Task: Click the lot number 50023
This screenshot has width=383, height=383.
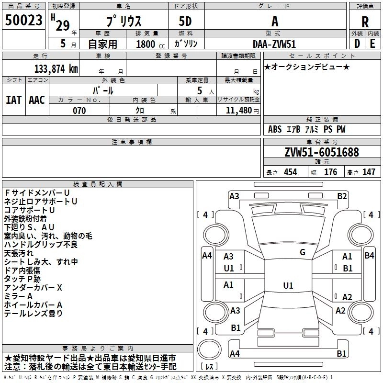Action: (x=23, y=20)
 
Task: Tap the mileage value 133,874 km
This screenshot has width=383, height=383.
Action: (x=56, y=69)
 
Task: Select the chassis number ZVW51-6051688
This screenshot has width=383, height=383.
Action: (x=322, y=152)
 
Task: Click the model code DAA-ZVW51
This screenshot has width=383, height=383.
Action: (x=274, y=44)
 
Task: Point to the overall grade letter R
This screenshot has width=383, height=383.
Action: (x=365, y=22)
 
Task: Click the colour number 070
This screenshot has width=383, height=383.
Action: (x=79, y=111)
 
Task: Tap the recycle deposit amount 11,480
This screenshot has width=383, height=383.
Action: (x=239, y=111)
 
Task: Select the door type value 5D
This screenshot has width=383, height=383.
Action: (x=185, y=22)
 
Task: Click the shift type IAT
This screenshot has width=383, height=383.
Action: (x=14, y=100)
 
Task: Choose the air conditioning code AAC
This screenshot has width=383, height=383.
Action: (x=37, y=100)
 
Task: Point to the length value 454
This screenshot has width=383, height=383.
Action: (x=291, y=172)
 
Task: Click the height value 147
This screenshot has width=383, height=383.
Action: (x=369, y=172)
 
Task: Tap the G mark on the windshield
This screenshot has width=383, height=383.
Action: (x=303, y=252)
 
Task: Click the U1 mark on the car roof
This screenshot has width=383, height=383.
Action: (x=288, y=285)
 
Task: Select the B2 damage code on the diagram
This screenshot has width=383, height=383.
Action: (x=342, y=196)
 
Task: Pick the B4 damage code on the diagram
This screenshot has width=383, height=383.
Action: (x=369, y=256)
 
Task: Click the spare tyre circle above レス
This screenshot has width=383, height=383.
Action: (x=209, y=350)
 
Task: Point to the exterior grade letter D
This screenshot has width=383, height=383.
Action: (x=357, y=44)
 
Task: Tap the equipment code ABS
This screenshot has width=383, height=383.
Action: (x=275, y=129)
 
